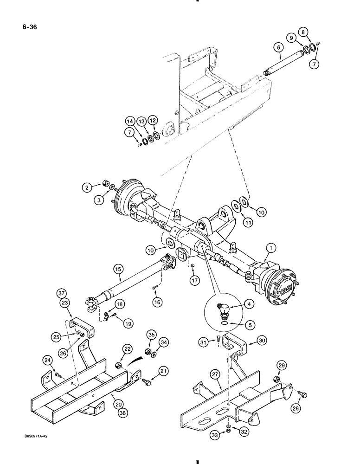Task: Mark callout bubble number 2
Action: pos(86,187)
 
